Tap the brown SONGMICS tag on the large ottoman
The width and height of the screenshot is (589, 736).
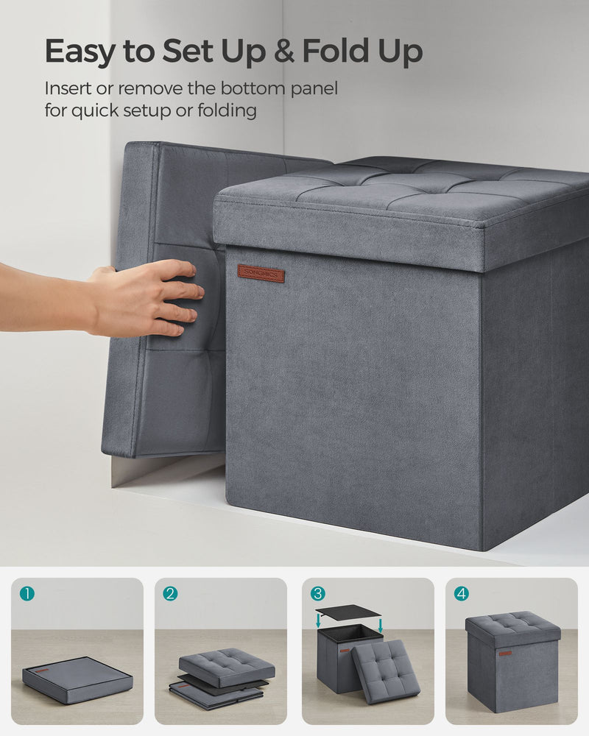click(261, 273)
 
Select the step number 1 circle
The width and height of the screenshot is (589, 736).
click(27, 593)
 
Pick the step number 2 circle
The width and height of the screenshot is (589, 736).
click(170, 593)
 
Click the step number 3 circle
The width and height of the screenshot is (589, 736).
click(317, 593)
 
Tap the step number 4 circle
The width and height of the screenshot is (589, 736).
click(462, 593)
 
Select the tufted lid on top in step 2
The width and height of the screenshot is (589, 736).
click(226, 667)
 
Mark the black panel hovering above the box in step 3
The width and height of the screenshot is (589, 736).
click(348, 612)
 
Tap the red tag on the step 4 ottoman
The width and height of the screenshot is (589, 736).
click(504, 653)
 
